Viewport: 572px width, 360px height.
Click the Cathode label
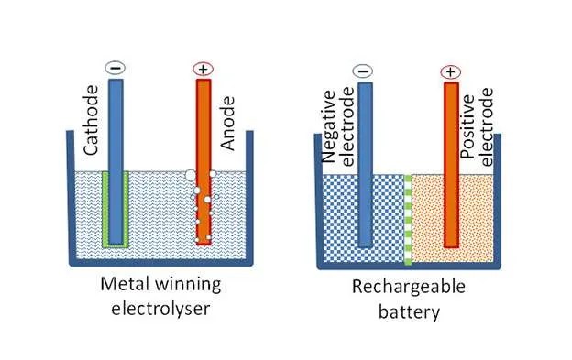[91, 120]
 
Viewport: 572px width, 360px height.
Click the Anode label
[228, 124]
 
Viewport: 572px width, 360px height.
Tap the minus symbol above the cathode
[115, 68]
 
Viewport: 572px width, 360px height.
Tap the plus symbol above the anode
[203, 69]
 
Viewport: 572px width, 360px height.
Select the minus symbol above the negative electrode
[363, 71]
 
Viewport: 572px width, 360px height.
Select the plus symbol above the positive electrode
[451, 72]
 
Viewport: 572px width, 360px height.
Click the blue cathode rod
[116, 161]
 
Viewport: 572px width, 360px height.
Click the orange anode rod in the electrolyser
[203, 161]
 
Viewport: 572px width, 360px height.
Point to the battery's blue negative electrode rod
[365, 165]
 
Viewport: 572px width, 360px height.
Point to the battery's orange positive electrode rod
[452, 165]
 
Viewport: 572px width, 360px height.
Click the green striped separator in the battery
[408, 220]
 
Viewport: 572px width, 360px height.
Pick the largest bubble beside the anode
[191, 175]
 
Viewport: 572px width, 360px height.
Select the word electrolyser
[160, 309]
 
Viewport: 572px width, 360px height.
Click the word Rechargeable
[409, 288]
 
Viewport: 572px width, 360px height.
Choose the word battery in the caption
[409, 312]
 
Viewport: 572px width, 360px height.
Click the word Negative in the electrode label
[329, 126]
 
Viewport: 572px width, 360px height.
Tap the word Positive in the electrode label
[467, 126]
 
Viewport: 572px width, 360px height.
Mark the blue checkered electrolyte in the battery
[363, 218]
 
